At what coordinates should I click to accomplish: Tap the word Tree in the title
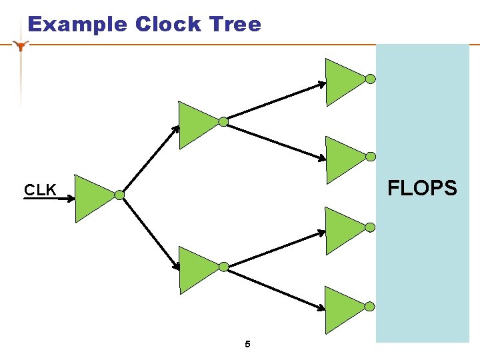235,24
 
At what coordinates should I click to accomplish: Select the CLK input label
40,190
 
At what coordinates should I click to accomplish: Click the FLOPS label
423,189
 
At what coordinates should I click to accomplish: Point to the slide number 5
247,345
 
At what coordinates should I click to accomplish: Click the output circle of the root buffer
119,195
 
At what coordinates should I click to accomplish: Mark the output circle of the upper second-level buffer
223,121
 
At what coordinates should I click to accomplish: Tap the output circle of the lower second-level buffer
223,267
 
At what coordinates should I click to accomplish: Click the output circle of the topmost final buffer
370,79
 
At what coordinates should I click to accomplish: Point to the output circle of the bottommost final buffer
370,306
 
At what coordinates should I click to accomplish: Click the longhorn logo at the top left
22,45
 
